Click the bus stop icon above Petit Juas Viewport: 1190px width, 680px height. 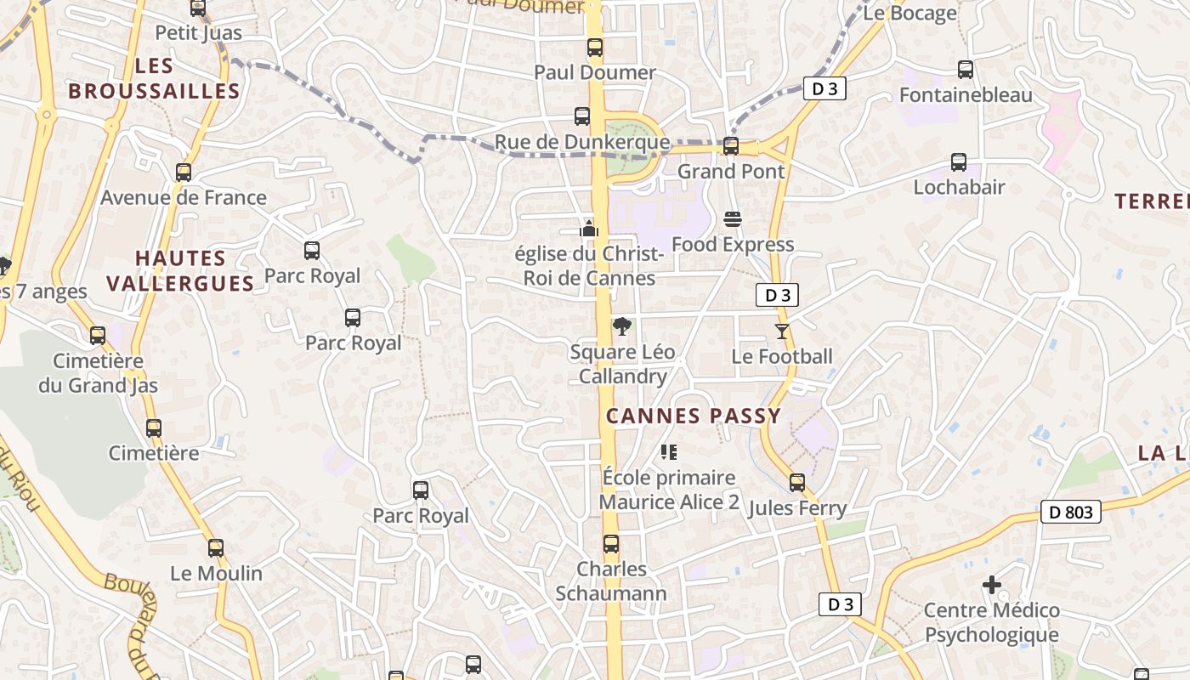pos(198,8)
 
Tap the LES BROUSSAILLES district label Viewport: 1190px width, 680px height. pos(154,78)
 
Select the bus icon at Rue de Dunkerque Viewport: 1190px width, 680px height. pos(582,116)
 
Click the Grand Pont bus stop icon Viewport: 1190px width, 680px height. pos(731,146)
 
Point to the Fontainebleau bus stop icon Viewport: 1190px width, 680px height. pos(965,70)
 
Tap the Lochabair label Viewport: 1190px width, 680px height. pos(959,187)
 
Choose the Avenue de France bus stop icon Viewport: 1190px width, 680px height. pos(184,173)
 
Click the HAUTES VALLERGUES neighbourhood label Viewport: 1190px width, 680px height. pos(181,270)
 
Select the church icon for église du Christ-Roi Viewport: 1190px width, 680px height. pos(589,229)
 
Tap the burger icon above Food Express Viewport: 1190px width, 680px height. pos(733,219)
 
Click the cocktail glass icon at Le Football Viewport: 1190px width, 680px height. pos(782,331)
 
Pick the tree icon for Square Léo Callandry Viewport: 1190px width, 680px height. pos(622,326)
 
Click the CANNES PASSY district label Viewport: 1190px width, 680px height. pos(693,416)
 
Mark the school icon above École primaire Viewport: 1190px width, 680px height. pos(669,452)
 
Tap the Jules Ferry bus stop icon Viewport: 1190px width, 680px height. pos(797,483)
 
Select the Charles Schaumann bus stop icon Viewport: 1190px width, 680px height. pos(611,544)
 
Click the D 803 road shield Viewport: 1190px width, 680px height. pos(1071,512)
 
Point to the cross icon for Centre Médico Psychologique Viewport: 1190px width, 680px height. pos(991,585)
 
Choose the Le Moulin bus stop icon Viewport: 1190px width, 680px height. pos(216,548)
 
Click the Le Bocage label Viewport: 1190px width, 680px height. pos(909,13)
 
